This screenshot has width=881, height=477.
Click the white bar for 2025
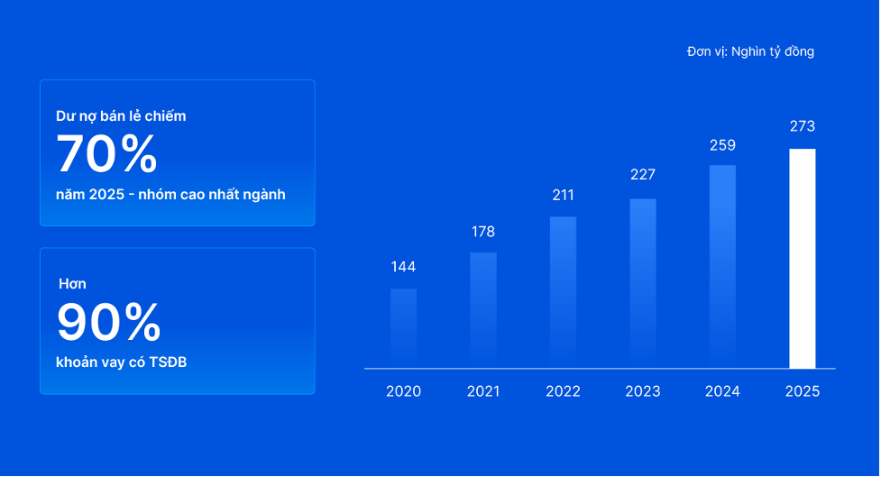pos(803,259)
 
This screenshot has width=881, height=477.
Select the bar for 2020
pos(403,329)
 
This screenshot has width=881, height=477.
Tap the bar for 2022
pos(563,293)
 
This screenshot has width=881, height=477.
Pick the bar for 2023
pos(643,284)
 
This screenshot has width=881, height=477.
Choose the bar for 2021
pos(483,311)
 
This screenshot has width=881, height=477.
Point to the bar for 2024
pos(722,267)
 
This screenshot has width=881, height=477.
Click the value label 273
pos(803,126)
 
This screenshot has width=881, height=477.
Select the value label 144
pos(403,267)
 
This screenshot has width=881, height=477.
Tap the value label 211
pos(563,195)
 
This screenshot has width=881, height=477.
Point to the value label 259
pos(722,145)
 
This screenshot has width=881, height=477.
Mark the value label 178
pos(483,232)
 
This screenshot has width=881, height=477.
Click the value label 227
pos(643,175)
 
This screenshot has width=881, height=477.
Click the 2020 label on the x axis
pos(403,391)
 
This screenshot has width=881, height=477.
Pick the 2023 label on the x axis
pos(643,391)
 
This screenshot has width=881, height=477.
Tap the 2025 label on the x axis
pos(803,391)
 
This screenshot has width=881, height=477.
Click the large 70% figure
pos(106,154)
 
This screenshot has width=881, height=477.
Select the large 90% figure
pos(109,322)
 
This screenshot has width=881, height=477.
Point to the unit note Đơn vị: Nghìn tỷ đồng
pos(750,51)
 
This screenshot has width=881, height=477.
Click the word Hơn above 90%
pos(72,284)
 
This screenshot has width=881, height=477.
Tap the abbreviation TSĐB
pos(168,362)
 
